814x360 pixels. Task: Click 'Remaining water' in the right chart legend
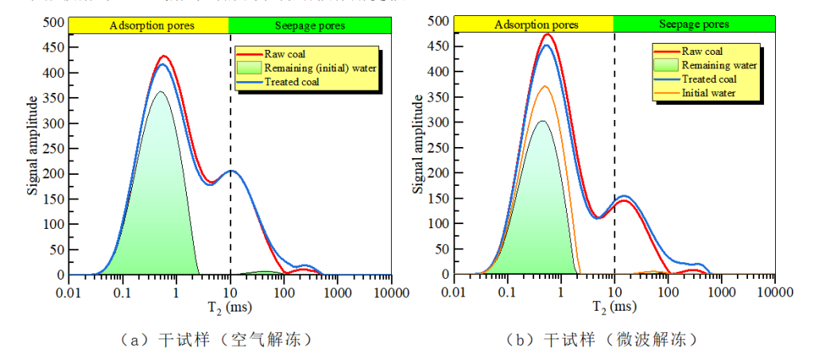(719, 65)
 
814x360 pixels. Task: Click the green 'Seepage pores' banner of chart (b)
(694, 25)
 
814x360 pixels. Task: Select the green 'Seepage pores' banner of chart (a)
(310, 26)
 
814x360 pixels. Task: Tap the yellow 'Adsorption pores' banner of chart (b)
(534, 25)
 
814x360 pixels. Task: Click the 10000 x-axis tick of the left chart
(391, 290)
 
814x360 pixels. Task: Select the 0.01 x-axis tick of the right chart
(454, 290)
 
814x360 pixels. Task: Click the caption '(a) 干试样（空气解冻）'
(214, 340)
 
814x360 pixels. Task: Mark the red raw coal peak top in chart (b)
(547, 34)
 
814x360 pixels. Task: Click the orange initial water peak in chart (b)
(545, 87)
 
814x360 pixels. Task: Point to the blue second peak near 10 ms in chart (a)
(231, 171)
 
